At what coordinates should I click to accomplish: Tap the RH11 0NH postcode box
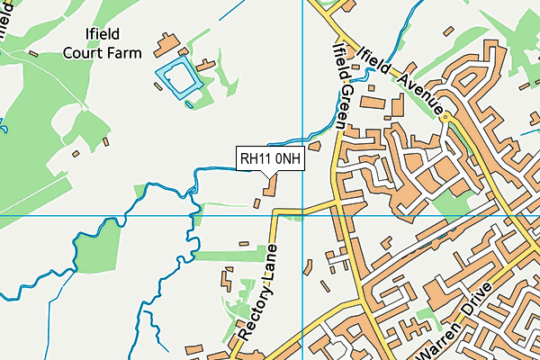(271, 159)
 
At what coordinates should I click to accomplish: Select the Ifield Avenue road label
(402, 78)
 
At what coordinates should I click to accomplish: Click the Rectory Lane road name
(257, 293)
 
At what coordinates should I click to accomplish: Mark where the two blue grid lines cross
(302, 216)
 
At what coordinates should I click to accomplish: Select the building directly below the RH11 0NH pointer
(271, 185)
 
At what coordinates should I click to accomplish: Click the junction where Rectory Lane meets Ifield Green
(337, 206)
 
